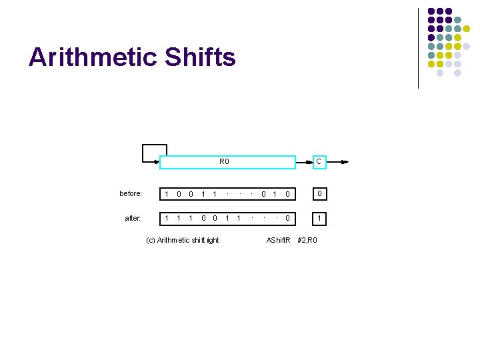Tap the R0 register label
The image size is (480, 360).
[224, 162]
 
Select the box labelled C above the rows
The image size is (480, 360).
[319, 162]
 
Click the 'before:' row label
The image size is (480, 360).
[131, 194]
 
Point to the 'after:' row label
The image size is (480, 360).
[133, 218]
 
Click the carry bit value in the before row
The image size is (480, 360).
[319, 194]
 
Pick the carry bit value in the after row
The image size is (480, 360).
[319, 218]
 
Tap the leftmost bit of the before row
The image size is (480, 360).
[167, 194]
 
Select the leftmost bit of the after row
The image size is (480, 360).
[167, 218]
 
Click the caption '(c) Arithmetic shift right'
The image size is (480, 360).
[182, 240]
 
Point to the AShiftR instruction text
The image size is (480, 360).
[279, 240]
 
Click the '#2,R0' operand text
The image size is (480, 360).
[307, 240]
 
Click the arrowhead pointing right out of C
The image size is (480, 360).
[344, 162]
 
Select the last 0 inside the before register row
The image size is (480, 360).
[287, 194]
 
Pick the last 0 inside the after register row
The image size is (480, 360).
[287, 218]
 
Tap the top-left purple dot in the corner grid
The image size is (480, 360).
[431, 12]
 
